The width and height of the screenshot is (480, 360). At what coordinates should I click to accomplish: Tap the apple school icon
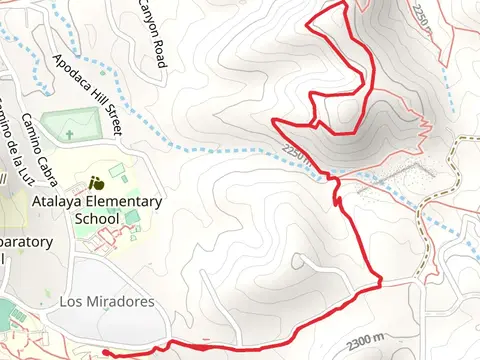click(97, 183)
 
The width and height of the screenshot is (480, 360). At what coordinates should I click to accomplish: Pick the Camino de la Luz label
click(14, 146)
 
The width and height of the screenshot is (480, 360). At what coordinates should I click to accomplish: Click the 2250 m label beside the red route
click(298, 154)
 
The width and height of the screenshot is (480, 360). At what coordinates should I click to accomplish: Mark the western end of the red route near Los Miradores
click(105, 352)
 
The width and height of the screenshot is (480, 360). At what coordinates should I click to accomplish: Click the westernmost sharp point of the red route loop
click(274, 121)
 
